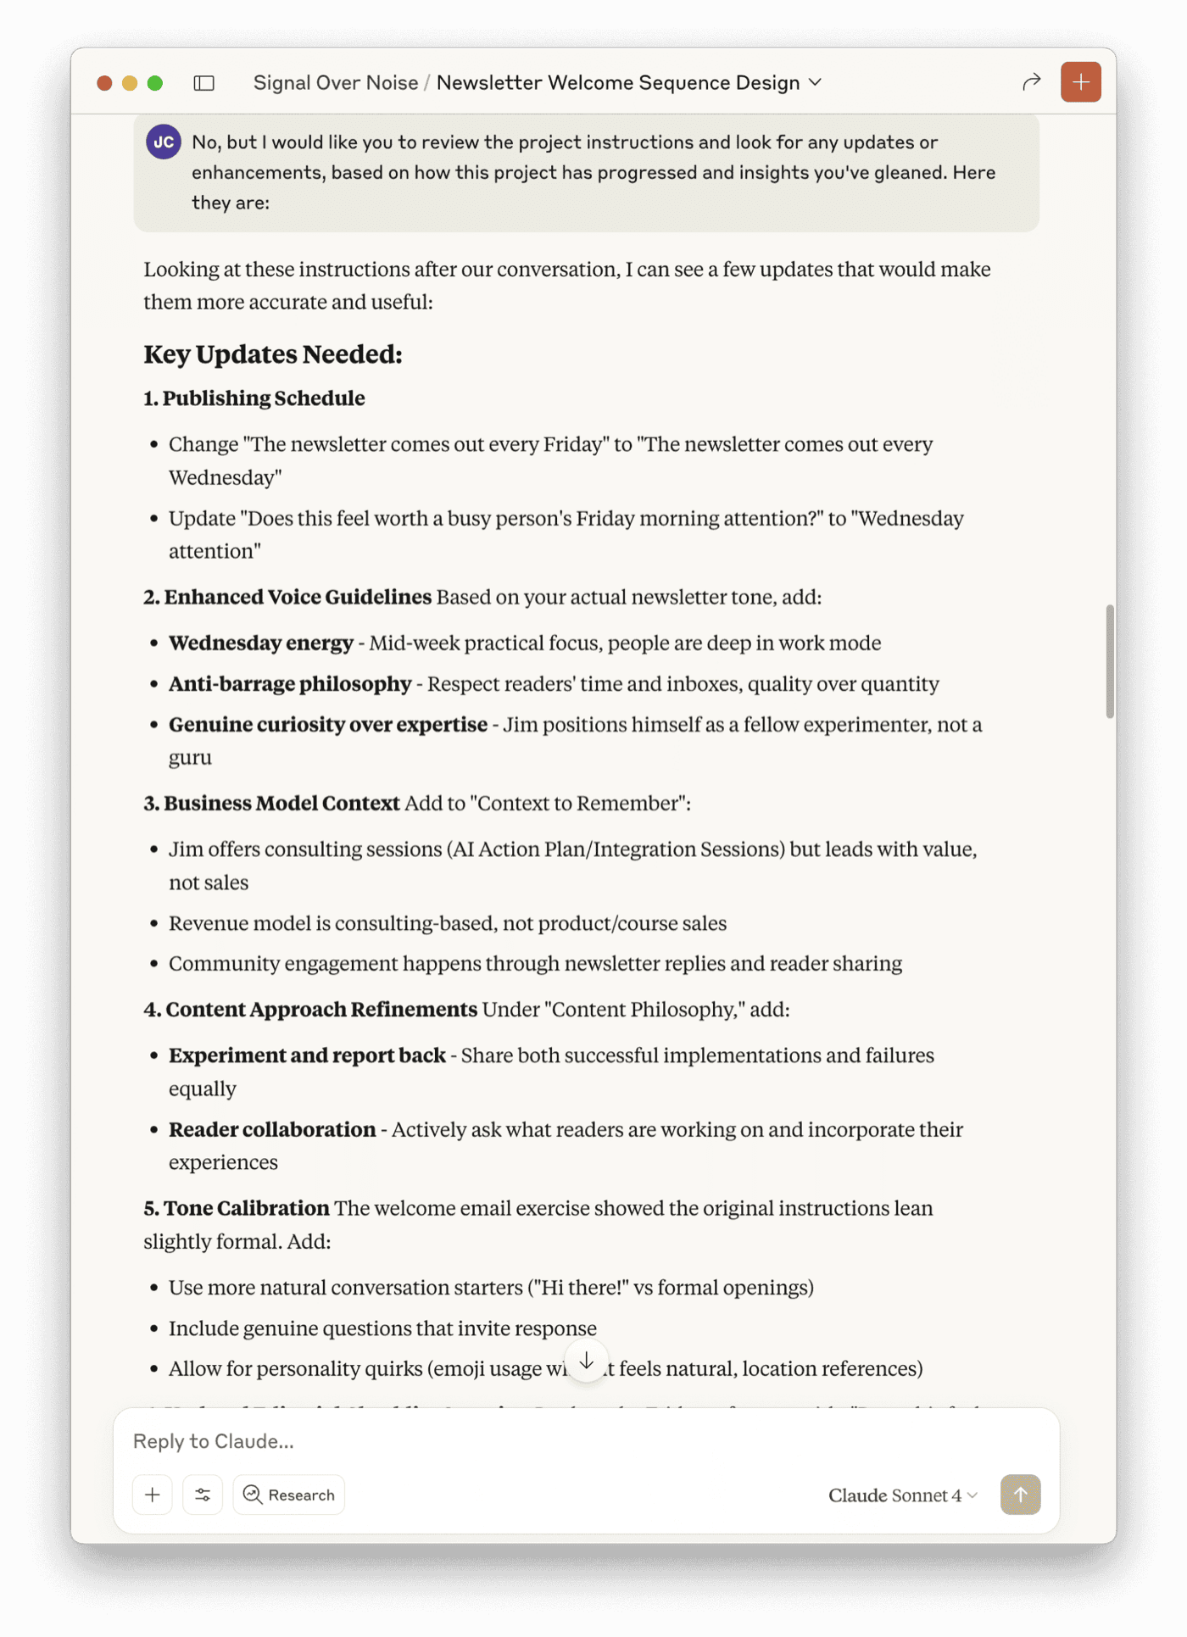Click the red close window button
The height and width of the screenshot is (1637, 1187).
(x=104, y=83)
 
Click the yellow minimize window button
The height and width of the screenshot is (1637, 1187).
(x=130, y=83)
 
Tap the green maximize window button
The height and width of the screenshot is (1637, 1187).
(x=155, y=83)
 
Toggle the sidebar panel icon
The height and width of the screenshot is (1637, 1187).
(x=204, y=83)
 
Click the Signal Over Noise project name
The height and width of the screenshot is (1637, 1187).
(x=336, y=83)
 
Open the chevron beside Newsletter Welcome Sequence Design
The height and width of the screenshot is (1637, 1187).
(x=816, y=82)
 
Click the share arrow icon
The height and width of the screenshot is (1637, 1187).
(x=1031, y=82)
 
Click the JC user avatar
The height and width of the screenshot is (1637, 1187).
(x=164, y=142)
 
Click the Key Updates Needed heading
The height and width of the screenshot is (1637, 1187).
(x=273, y=354)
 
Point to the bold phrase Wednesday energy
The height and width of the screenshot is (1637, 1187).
(x=261, y=643)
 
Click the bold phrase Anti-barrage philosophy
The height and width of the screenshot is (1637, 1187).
(x=290, y=684)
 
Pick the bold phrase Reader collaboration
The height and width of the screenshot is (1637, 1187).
(x=272, y=1130)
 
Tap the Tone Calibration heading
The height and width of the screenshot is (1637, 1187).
(x=246, y=1209)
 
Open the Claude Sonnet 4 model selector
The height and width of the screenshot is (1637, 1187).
(x=903, y=1495)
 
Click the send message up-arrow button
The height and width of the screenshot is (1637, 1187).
(x=1020, y=1495)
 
